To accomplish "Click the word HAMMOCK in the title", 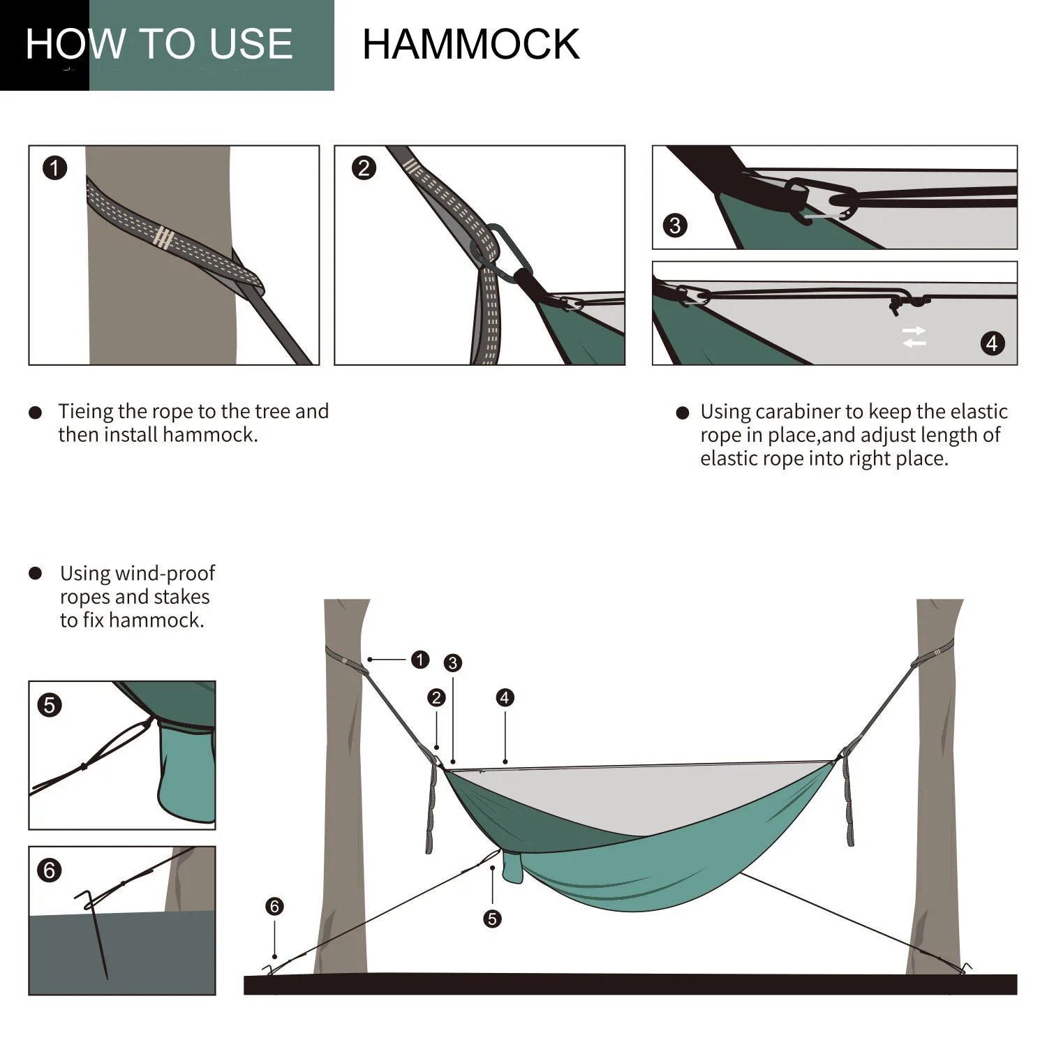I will [x=470, y=45].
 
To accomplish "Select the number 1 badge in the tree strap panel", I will [x=54, y=168].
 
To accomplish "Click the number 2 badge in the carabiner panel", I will [x=364, y=168].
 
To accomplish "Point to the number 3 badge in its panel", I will [x=674, y=225].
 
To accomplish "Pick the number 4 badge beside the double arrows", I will [x=992, y=343].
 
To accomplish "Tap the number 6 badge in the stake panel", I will [x=49, y=870].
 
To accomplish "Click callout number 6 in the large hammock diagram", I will [x=274, y=906].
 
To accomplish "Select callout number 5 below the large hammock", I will [x=492, y=919].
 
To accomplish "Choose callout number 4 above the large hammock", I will [x=505, y=697].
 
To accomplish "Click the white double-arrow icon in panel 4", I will [x=914, y=336].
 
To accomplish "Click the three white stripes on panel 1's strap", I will [x=163, y=237].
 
